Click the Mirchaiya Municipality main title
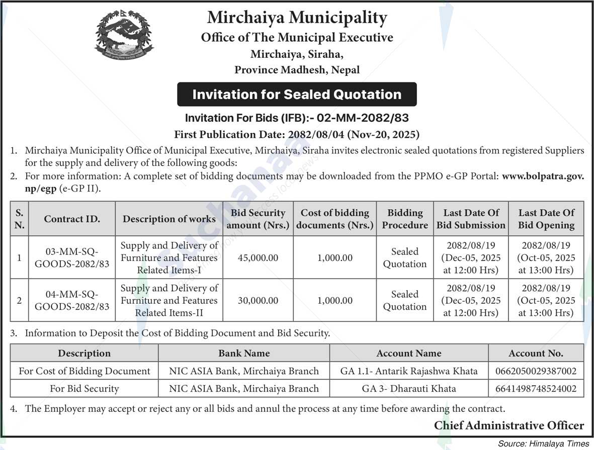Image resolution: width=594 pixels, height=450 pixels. coord(297,18)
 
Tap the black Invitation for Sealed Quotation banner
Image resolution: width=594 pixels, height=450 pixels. coord(297,95)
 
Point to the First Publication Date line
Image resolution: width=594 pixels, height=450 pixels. coord(297,134)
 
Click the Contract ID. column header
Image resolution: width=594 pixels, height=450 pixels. coord(72,219)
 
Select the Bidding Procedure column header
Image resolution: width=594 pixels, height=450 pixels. coord(405,219)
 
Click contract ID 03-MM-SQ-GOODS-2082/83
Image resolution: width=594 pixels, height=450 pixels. coord(72,257)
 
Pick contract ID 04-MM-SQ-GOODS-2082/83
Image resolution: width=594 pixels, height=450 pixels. coord(72,300)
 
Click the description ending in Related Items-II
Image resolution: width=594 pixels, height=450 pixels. coord(169,301)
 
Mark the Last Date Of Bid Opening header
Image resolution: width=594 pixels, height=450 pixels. coord(546,219)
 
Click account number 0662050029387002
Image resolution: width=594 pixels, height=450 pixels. coord(536,372)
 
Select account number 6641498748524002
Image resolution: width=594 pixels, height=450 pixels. coord(536,389)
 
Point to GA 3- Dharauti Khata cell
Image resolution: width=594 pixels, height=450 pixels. coord(409,389)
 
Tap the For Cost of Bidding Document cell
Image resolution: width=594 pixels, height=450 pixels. coord(84,372)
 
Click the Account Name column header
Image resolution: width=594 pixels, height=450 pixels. coord(409,353)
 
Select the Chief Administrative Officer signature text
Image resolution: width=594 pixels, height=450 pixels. coord(509,426)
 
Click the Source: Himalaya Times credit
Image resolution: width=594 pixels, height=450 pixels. coord(543,444)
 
